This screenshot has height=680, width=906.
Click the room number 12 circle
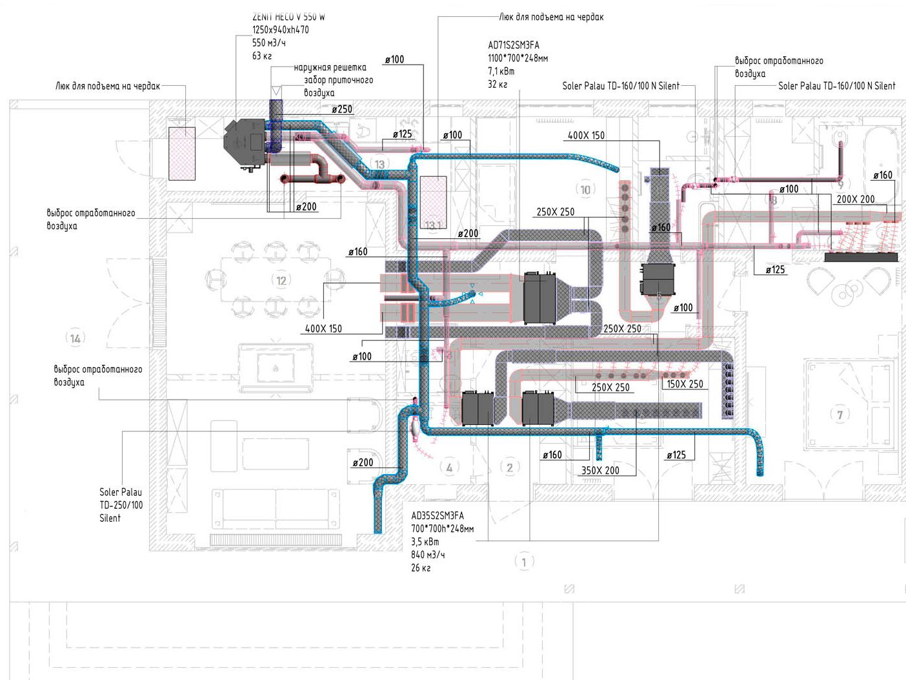[281, 280]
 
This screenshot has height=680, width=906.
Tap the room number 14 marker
[75, 338]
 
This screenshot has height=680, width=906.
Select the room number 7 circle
[840, 415]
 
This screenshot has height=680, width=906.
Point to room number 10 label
[585, 189]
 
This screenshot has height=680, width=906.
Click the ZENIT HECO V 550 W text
[288, 17]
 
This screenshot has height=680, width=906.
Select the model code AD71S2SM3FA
[514, 45]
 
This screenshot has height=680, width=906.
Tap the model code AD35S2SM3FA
[437, 516]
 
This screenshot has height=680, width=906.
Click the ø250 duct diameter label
[342, 109]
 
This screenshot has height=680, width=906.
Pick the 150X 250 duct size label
[685, 384]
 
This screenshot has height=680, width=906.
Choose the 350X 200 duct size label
[600, 471]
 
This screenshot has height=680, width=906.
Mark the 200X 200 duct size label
[856, 200]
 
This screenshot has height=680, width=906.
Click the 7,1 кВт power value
[501, 71]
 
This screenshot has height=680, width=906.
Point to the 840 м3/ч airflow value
[428, 555]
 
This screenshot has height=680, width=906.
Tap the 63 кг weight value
[261, 56]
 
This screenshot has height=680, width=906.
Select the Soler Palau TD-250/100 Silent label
[121, 505]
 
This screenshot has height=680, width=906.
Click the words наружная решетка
[330, 67]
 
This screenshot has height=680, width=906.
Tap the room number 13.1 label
[433, 225]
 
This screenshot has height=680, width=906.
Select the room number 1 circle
[524, 562]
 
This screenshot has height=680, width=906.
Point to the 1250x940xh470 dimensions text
[280, 30]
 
